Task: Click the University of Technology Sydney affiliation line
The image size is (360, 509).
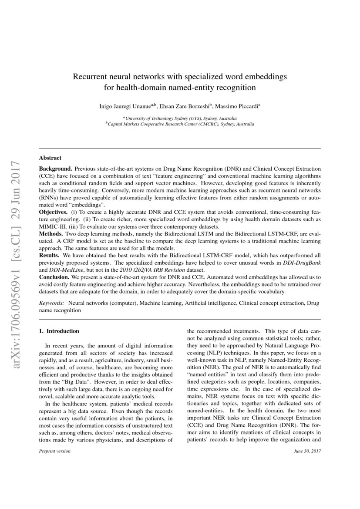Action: [180, 118]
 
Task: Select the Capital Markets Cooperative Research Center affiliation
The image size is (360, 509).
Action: [180, 124]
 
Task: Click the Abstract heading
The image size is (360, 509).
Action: [50, 158]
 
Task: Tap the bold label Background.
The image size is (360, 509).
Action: [56, 168]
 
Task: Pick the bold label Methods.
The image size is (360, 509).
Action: [52, 234]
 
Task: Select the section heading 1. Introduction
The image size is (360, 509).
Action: [59, 331]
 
